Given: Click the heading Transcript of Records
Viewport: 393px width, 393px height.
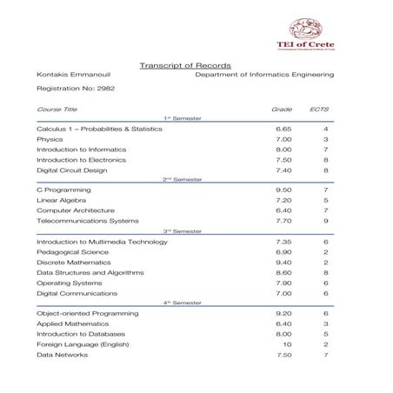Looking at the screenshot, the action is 177,65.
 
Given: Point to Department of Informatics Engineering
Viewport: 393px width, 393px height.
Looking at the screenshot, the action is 264,76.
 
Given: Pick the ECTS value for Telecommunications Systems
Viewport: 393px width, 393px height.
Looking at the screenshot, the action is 325,221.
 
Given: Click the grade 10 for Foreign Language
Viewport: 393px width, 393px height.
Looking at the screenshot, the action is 287,344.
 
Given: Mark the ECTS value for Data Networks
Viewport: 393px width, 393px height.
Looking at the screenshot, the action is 325,355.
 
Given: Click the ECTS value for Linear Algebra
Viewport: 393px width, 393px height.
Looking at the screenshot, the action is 325,200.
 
